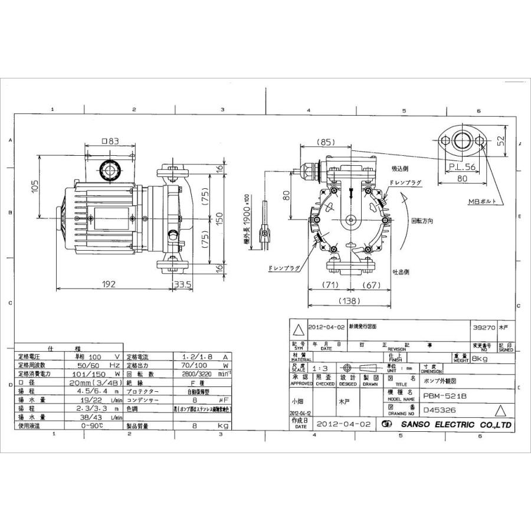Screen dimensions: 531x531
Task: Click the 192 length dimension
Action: [x=107, y=284]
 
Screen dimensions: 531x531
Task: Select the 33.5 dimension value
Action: [x=182, y=284]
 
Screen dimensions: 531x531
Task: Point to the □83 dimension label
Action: [x=110, y=142]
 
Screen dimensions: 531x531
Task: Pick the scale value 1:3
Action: [x=319, y=368]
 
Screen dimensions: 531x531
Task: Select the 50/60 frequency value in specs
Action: [x=84, y=366]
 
